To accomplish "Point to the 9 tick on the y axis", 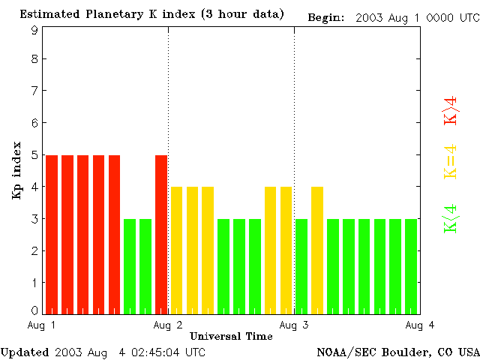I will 34,30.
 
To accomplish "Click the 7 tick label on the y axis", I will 34,91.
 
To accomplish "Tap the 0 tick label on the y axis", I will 34,310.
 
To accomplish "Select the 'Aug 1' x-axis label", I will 42,324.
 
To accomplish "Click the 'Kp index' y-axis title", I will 16,170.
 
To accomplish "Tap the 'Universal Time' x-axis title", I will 231,336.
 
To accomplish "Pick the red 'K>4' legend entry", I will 451,110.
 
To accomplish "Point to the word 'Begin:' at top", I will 326,16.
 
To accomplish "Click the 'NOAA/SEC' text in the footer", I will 344,352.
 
